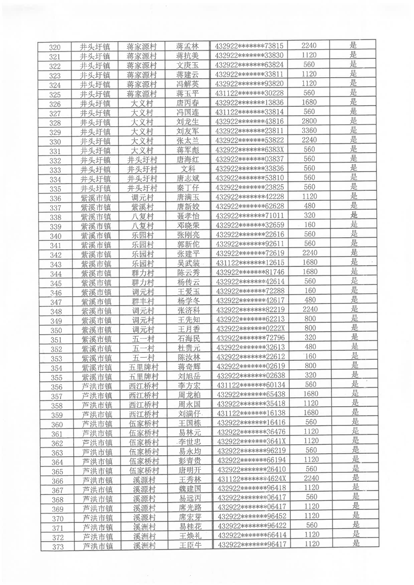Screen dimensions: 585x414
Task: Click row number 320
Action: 55,46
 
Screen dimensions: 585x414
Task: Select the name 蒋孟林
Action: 187,46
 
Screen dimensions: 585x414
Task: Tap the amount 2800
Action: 309,121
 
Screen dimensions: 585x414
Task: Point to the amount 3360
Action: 309,130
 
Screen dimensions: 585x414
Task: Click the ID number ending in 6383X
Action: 249,150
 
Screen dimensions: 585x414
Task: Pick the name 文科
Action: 187,168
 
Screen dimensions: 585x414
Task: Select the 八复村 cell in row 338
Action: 143,216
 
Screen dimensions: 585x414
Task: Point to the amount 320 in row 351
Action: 310,338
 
